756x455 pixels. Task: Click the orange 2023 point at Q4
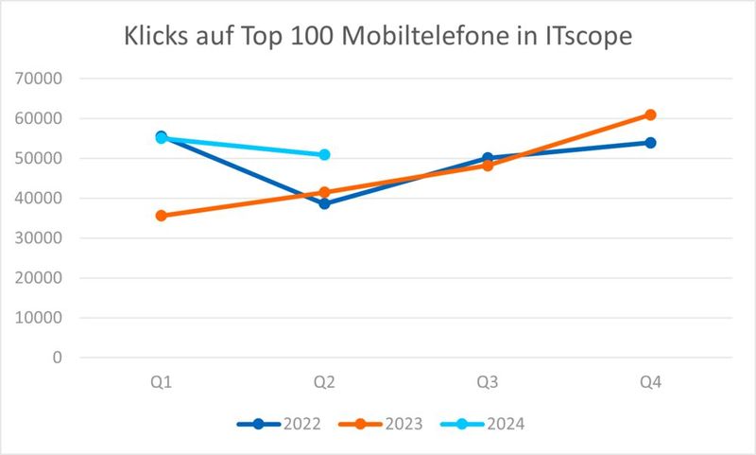point(650,114)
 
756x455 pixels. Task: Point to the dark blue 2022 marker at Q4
point(650,143)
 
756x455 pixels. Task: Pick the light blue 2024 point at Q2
point(324,154)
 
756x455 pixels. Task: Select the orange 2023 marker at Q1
point(162,216)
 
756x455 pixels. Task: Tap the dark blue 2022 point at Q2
point(324,203)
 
